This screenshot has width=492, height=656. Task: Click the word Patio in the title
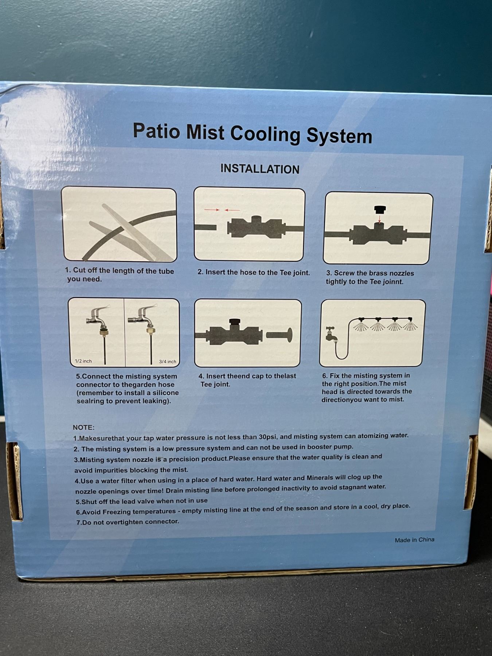156,131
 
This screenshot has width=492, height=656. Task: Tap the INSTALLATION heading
260,169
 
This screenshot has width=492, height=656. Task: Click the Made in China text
414,540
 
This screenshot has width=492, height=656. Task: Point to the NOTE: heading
83,427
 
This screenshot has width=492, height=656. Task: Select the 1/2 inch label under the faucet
83,361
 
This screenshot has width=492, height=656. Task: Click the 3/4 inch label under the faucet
168,362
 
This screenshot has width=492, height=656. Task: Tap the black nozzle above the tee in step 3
380,210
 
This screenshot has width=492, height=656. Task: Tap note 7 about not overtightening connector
127,522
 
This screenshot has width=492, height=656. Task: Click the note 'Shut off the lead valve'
141,501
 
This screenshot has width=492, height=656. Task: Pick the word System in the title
339,136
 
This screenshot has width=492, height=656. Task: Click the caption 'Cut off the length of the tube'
120,271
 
